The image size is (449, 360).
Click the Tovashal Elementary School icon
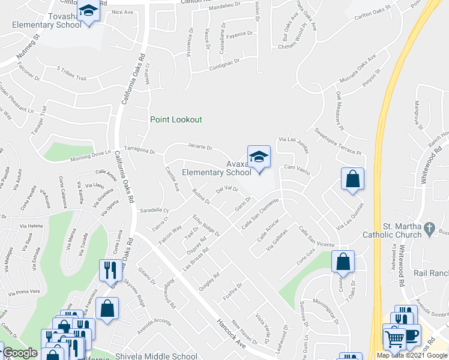tap(89, 11)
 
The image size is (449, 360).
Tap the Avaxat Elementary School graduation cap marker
tap(259, 157)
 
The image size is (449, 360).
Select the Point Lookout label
tap(176, 119)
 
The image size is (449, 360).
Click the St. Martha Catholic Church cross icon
tap(429, 228)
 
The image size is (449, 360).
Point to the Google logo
tap(20, 353)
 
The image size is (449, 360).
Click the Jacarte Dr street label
tap(199, 146)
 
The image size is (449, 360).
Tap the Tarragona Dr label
tap(139, 151)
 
